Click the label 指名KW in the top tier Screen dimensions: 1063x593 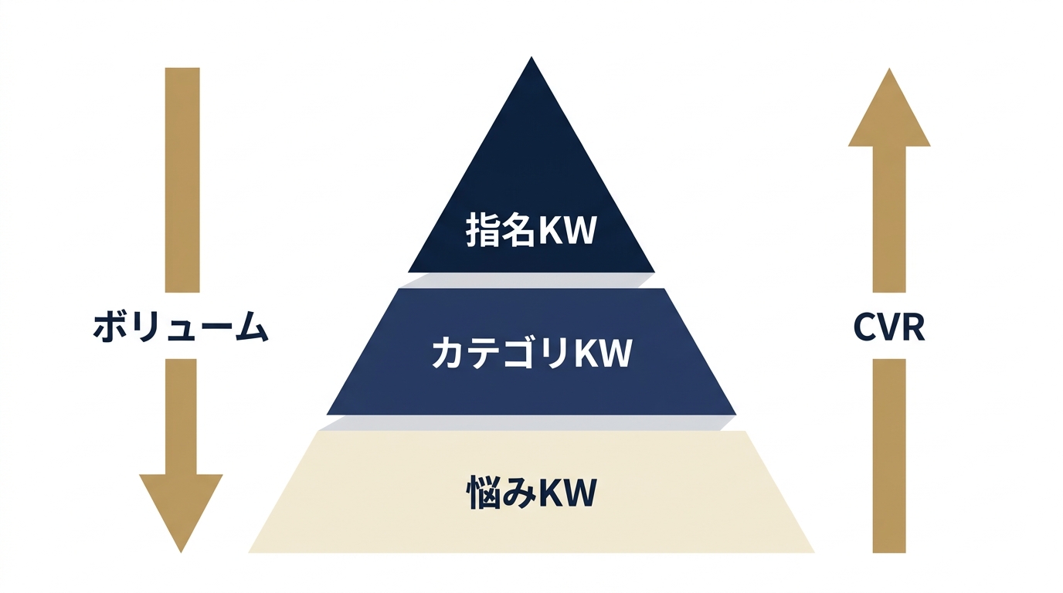(x=531, y=229)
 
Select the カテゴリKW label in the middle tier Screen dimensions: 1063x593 (x=531, y=352)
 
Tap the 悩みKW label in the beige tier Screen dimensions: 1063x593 (x=531, y=493)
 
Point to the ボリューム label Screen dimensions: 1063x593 (x=181, y=327)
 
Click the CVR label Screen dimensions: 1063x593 (x=889, y=327)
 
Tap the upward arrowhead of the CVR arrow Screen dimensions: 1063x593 (x=889, y=107)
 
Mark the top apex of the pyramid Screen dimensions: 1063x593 (x=531, y=57)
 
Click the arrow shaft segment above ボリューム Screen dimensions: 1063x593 (x=182, y=180)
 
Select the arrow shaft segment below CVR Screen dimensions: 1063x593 (x=889, y=456)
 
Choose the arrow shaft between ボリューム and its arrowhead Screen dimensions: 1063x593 (x=181, y=416)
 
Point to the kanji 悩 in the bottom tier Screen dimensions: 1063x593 (x=483, y=493)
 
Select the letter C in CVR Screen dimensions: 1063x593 (x=864, y=327)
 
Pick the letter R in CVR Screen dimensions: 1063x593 (x=914, y=327)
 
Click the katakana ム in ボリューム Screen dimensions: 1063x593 (x=253, y=327)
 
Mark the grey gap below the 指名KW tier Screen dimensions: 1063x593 (x=526, y=280)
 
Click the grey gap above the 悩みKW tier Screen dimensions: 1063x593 (x=527, y=422)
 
